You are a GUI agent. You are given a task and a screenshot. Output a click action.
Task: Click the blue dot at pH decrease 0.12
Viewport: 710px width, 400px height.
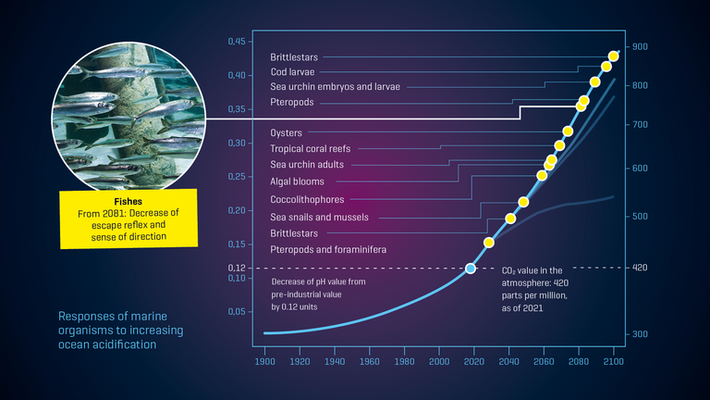tap(470, 268)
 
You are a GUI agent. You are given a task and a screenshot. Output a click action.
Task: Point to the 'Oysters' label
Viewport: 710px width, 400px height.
tap(286, 133)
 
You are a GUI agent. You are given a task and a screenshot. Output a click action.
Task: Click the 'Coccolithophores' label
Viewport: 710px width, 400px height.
tap(307, 199)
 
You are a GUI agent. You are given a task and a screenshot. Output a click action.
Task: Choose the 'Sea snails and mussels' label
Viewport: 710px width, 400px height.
tap(319, 217)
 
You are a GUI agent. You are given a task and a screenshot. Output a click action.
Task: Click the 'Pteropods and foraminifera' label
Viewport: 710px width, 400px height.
tap(328, 250)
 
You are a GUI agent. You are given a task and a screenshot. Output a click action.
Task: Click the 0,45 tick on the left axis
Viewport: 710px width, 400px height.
tap(238, 42)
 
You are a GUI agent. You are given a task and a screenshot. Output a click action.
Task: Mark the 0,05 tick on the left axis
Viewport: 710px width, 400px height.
tap(238, 312)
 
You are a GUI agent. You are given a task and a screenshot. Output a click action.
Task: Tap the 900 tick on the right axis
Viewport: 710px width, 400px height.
tap(639, 46)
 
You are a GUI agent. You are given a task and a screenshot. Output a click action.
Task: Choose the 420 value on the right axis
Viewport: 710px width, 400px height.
tap(639, 268)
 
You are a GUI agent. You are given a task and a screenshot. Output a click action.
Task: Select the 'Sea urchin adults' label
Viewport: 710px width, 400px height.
tap(307, 165)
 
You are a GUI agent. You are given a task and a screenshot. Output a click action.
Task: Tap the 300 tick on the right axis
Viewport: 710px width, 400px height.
tap(639, 333)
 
